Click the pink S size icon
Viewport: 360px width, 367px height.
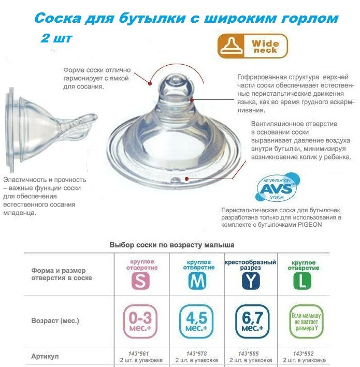point(140,281)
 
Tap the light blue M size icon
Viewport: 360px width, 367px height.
point(197,281)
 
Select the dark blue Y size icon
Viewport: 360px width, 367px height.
point(251,281)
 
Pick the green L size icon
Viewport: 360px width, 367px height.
point(303,281)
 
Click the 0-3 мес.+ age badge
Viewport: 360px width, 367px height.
point(140,321)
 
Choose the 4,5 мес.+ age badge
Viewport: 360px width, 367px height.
point(196,321)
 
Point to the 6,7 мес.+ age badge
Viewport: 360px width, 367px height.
point(252,321)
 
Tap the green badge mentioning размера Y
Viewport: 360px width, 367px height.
point(306,321)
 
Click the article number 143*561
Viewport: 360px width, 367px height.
point(138,354)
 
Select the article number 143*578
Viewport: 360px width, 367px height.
point(196,354)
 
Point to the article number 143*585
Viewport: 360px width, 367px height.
point(248,354)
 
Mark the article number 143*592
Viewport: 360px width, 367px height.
point(303,354)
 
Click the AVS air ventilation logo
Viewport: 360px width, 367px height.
point(277,187)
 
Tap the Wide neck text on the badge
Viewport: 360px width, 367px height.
point(265,47)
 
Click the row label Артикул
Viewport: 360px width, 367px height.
point(45,357)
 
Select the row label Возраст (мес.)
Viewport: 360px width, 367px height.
point(55,320)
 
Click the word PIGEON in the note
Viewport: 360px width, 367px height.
point(310,225)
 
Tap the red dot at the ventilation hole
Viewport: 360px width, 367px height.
point(186,179)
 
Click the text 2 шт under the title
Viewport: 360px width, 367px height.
point(56,38)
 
